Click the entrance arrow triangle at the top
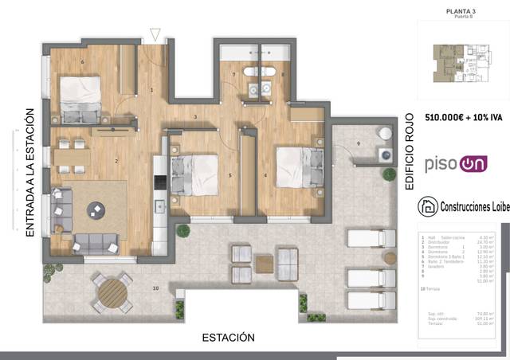click(155, 34)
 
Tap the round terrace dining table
click(112, 293)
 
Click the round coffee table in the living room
click(97, 209)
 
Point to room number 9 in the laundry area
click(358, 143)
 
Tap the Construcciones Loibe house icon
click(428, 206)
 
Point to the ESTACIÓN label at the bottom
click(228, 338)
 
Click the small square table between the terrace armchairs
click(264, 264)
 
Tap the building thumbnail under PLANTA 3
click(462, 64)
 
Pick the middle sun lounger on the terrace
click(371, 277)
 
